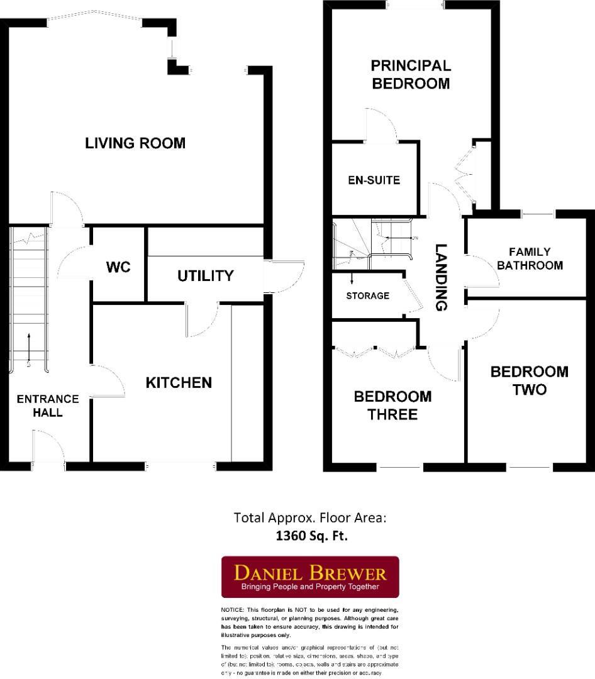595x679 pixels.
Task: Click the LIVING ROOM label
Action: [x=135, y=143]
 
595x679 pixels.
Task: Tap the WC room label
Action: [x=118, y=267]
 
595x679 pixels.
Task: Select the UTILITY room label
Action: [x=205, y=276]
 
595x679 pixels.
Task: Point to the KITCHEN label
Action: [x=179, y=382]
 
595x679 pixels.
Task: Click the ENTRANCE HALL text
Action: [x=48, y=406]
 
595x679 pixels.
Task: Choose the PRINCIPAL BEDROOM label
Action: [x=411, y=74]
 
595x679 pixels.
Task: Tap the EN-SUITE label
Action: [x=374, y=180]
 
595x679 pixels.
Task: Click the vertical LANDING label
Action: [x=442, y=277]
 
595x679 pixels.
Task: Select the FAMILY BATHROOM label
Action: [x=530, y=258]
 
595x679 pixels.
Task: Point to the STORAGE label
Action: [x=367, y=295]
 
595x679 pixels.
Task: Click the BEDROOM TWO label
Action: [x=529, y=380]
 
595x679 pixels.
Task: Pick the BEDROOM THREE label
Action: [x=393, y=406]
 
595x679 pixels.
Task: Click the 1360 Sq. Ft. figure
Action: [x=311, y=536]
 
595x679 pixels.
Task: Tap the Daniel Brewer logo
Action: [x=310, y=577]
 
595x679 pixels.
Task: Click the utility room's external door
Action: [x=283, y=277]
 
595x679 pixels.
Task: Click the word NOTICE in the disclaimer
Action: [x=233, y=610]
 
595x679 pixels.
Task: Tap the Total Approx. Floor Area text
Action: [x=309, y=518]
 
